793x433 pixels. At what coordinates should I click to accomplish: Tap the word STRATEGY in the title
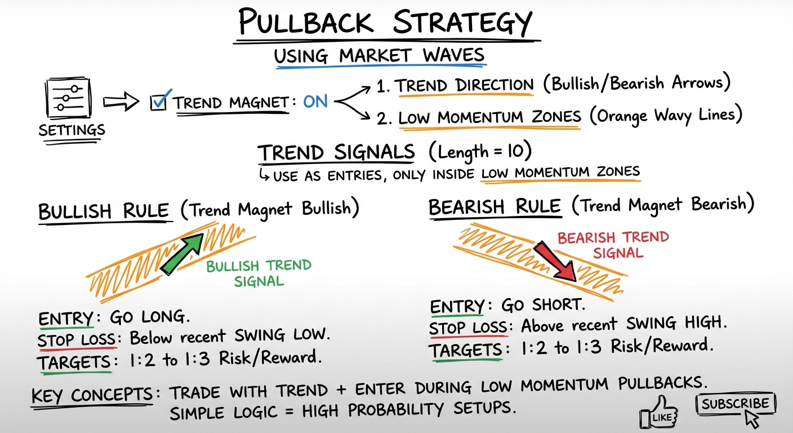[x=462, y=22]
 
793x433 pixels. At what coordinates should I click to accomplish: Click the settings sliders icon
[x=68, y=98]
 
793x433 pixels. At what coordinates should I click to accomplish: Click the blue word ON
[x=315, y=101]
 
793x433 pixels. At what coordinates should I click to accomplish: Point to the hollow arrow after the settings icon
[x=121, y=102]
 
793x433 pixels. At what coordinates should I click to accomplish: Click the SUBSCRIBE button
[x=736, y=404]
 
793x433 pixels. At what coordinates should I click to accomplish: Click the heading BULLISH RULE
[x=104, y=211]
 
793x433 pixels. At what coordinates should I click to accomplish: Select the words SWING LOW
[x=282, y=334]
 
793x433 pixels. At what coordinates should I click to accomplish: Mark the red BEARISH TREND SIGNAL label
[x=614, y=245]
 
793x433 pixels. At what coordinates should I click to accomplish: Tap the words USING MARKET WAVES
[x=379, y=55]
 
